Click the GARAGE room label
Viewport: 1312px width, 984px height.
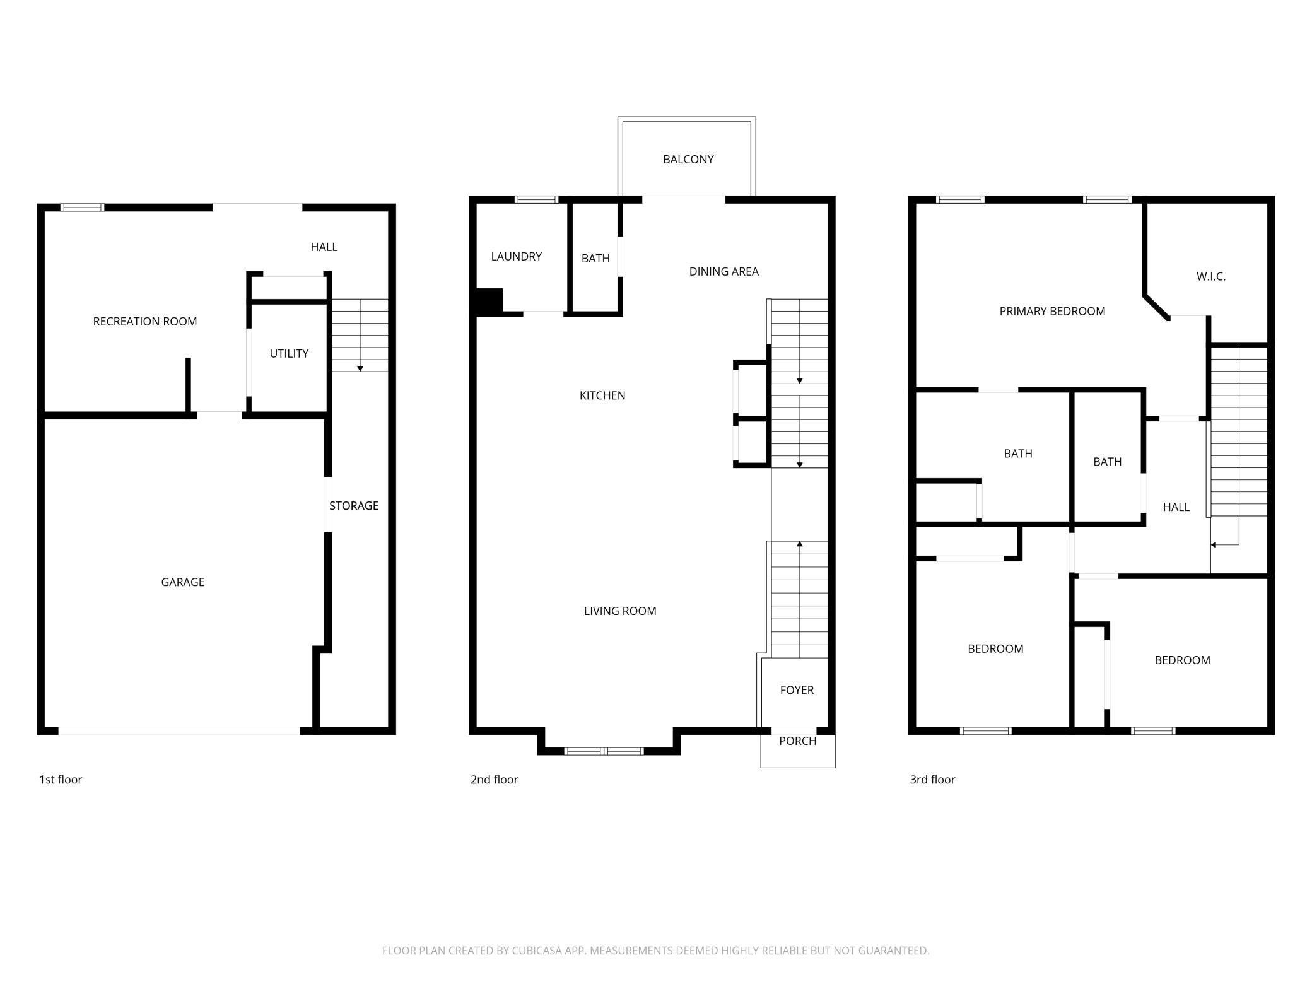(182, 582)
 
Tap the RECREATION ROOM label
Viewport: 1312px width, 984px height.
(145, 322)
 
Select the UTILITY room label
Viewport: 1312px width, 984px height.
(289, 354)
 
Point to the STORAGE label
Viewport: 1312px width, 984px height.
(354, 506)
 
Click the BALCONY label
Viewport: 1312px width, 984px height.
(688, 160)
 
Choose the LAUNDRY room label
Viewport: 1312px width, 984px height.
(517, 257)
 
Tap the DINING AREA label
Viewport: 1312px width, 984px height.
(724, 272)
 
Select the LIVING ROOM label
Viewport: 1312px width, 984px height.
(620, 611)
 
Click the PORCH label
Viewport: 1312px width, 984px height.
(798, 741)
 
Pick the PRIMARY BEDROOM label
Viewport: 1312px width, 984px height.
(1052, 312)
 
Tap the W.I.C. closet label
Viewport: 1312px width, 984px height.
(1211, 277)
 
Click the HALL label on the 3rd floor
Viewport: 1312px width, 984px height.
(1176, 507)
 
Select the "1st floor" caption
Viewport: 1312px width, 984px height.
(61, 780)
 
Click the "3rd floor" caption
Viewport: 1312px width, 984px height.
(932, 780)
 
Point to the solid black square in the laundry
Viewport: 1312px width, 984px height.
(489, 301)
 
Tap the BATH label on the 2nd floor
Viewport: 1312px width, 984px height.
(595, 259)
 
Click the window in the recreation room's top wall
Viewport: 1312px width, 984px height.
(83, 207)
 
